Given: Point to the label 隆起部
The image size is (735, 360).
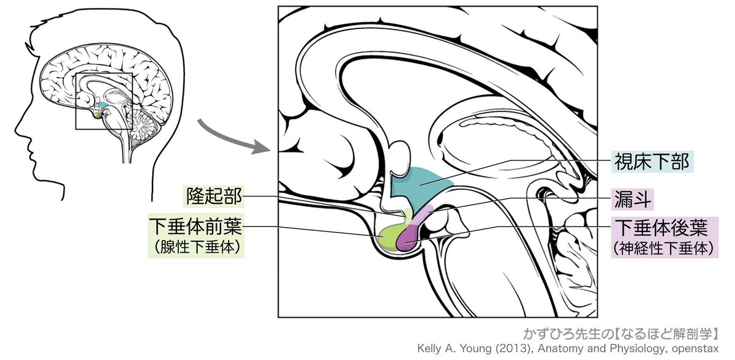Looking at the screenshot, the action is coord(213,197).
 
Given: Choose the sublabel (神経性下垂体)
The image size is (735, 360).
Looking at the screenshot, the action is coord(663,249).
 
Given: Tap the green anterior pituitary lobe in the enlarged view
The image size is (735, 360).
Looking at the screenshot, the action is coord(388,238).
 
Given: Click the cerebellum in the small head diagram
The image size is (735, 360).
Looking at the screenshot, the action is coord(143,125).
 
